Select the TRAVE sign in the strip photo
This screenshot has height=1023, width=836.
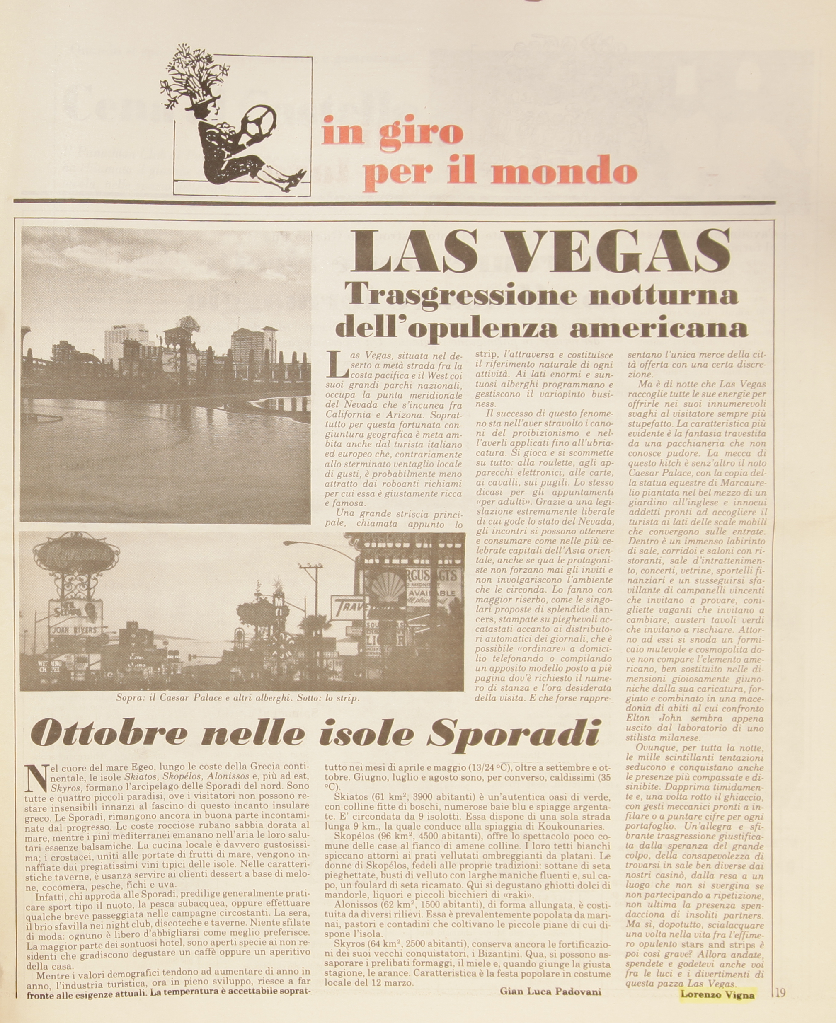point(349,607)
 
